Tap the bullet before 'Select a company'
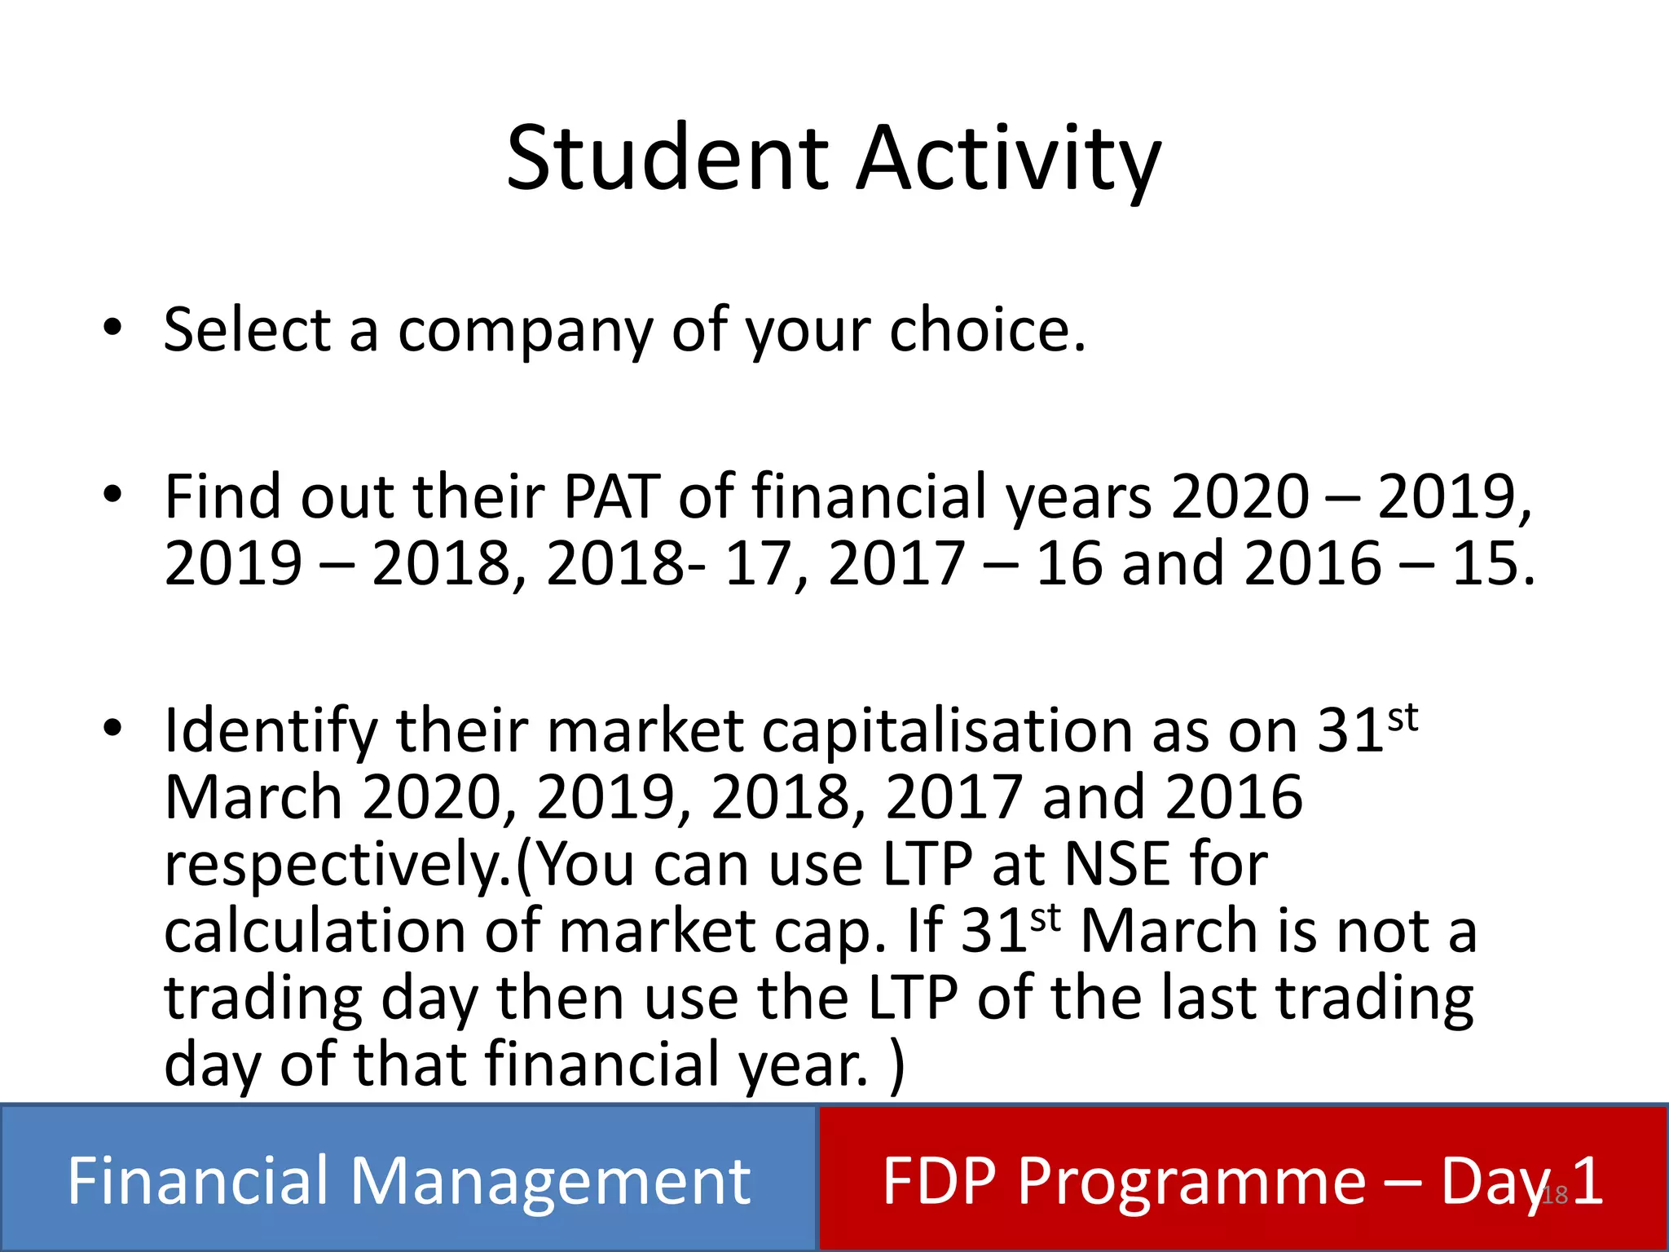112,328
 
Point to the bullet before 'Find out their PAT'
112,494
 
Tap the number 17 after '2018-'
756,563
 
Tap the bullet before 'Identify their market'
112,727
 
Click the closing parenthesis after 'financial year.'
897,1065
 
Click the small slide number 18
1555,1195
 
